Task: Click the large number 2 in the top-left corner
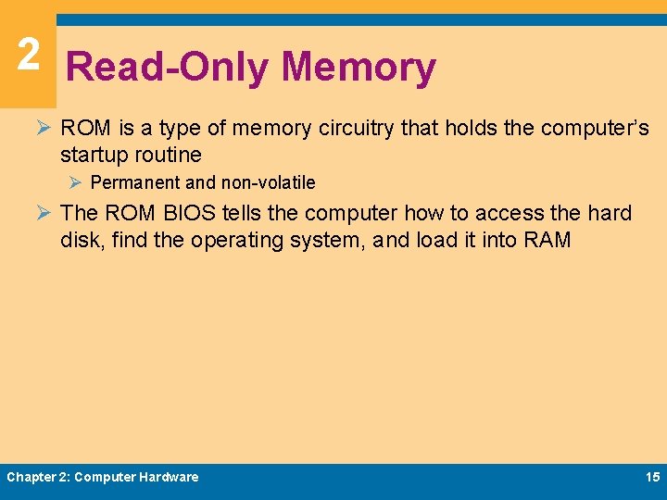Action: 28,55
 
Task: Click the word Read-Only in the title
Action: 167,68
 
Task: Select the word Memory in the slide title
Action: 359,68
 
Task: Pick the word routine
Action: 170,154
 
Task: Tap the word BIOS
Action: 190,213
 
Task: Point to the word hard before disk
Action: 610,213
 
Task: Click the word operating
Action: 236,241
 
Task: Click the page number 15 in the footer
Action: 651,477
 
